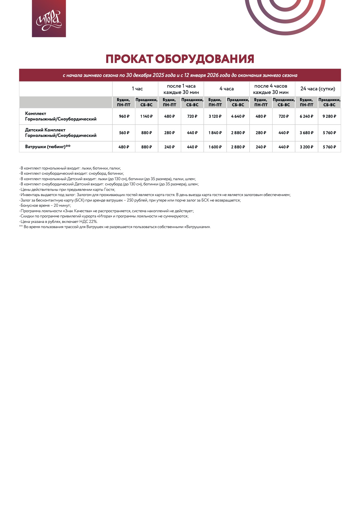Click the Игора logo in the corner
(x=49, y=18)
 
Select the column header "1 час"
(x=137, y=89)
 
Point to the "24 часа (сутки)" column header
(x=318, y=89)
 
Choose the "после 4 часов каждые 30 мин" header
(x=271, y=89)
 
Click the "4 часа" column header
(x=227, y=89)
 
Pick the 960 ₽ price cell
(x=124, y=116)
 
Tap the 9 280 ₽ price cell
(x=329, y=116)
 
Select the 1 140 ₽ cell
(x=147, y=116)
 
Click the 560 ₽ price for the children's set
(x=124, y=133)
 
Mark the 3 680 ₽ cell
(x=306, y=133)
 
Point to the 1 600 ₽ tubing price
(x=215, y=147)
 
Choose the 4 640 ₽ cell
(x=238, y=116)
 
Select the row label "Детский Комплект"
(x=45, y=130)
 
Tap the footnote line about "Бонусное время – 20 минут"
(x=45, y=206)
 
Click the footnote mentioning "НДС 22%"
(x=58, y=222)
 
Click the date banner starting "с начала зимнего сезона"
(x=180, y=75)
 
